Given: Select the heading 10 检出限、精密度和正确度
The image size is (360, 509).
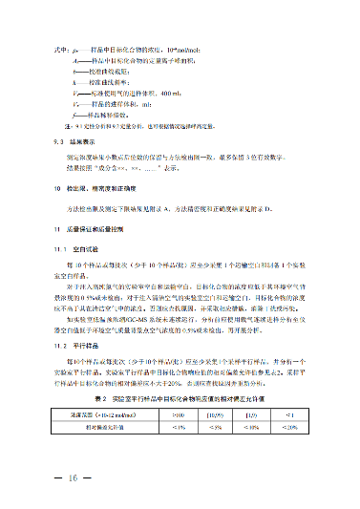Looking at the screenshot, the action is click(x=95, y=192).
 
